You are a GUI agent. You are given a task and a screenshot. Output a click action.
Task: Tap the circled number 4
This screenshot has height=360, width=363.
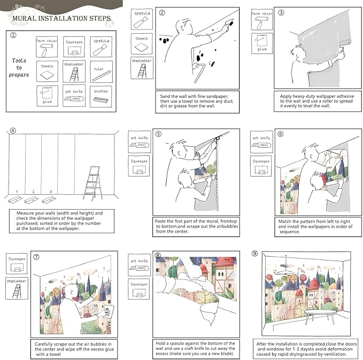tap(13, 130)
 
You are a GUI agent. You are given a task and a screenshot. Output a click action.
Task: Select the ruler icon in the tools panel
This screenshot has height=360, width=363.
tap(101, 72)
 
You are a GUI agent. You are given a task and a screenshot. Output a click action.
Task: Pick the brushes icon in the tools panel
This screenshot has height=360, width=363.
tap(101, 97)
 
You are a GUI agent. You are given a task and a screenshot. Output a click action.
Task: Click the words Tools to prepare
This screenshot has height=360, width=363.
tap(19, 67)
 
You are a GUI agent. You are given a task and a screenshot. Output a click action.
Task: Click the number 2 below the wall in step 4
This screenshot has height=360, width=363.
tap(33, 192)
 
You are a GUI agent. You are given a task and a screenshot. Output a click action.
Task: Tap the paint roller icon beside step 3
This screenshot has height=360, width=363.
tap(262, 19)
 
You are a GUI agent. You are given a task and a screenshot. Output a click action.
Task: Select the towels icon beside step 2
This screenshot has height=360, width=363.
tap(141, 43)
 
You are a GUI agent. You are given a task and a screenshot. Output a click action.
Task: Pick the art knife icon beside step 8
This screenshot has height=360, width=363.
tap(138, 265)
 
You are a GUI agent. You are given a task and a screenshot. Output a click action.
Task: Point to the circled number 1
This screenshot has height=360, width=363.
tap(13, 36)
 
